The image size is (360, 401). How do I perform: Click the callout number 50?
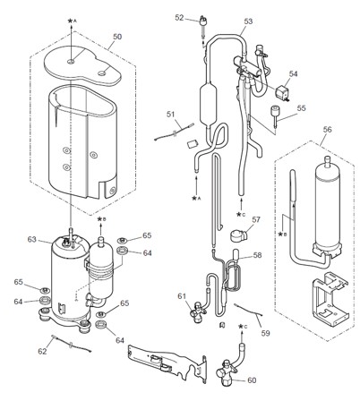(x=116, y=38)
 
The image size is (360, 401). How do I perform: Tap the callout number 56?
(x=326, y=129)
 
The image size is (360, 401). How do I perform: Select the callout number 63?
(x=32, y=239)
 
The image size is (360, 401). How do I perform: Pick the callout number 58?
(x=256, y=255)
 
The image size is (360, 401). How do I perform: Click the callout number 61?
(x=182, y=295)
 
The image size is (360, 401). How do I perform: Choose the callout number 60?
(x=251, y=380)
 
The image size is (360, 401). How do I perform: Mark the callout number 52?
(x=179, y=17)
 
